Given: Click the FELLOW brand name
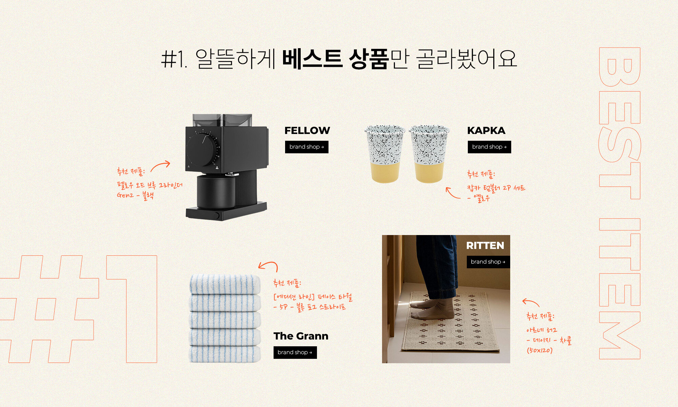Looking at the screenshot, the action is tap(307, 131).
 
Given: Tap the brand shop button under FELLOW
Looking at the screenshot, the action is tap(307, 147).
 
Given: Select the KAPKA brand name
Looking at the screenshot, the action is tap(486, 131).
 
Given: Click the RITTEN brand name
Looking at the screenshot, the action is tap(485, 246).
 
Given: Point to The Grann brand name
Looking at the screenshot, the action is tap(301, 336).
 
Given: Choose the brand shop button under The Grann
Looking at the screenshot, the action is tap(295, 352).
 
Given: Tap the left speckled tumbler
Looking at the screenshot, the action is tap(385, 154).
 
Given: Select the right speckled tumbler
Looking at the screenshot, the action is tap(429, 154).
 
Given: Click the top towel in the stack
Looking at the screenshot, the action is tap(225, 284).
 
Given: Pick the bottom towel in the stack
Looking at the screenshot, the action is tap(225, 354).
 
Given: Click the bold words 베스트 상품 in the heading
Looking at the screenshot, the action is tap(335, 59).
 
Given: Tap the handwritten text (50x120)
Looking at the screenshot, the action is tap(540, 350).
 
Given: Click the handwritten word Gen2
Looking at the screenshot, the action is tap(125, 195).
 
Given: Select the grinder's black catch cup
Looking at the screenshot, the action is tap(216, 191).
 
